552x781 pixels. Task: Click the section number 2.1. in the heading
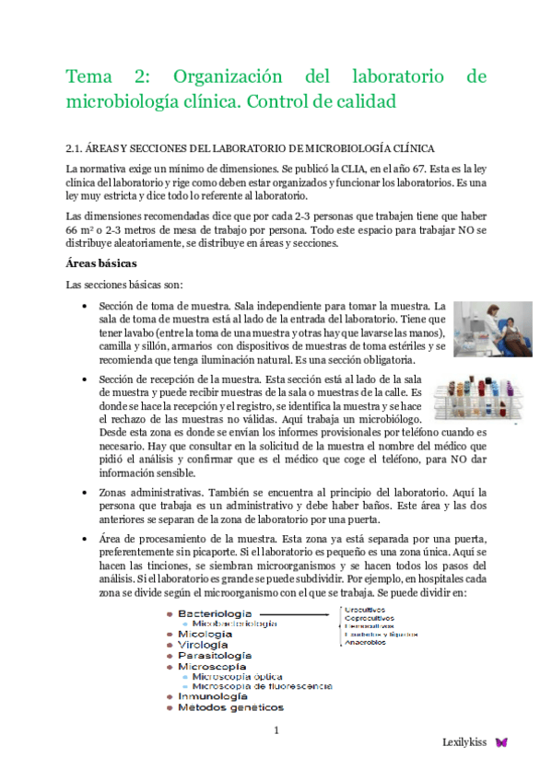pyautogui.click(x=76, y=147)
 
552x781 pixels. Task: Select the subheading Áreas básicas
pyautogui.click(x=100, y=262)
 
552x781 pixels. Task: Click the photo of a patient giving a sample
pyautogui.click(x=492, y=329)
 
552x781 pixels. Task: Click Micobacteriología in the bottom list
pyautogui.click(x=234, y=624)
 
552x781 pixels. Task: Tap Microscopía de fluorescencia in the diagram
pyautogui.click(x=263, y=686)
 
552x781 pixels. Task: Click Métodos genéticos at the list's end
pyautogui.click(x=230, y=708)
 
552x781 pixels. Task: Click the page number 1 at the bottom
pyautogui.click(x=276, y=731)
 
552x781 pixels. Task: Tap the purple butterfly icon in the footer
pyautogui.click(x=501, y=741)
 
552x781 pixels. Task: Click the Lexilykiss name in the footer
pyautogui.click(x=464, y=741)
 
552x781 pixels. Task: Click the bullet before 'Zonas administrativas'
pyautogui.click(x=85, y=494)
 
